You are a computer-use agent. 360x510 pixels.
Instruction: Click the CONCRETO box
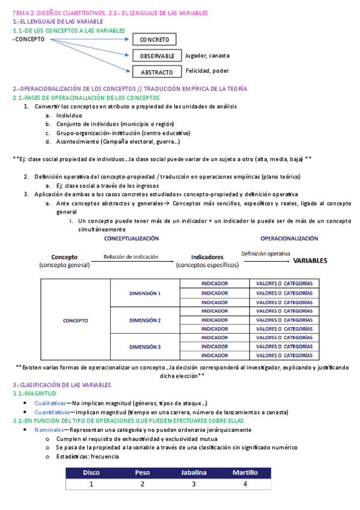click(154, 40)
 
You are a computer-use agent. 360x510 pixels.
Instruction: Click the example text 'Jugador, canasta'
click(207, 55)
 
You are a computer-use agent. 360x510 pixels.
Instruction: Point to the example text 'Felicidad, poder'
click(207, 70)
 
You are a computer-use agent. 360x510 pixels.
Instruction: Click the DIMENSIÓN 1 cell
click(145, 293)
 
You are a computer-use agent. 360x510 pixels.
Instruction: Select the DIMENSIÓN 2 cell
click(145, 320)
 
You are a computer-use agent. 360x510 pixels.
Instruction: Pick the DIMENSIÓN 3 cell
click(145, 347)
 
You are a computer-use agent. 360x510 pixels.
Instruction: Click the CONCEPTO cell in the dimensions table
click(76, 320)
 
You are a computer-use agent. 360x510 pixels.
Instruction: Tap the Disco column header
click(91, 472)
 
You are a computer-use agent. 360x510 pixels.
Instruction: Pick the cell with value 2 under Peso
click(142, 484)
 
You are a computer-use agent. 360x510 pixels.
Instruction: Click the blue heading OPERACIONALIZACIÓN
click(289, 238)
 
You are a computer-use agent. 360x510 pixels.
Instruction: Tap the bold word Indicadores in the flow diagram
click(207, 256)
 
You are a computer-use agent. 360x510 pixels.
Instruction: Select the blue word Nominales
click(48, 430)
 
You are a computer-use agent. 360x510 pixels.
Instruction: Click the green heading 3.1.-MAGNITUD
click(34, 393)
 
